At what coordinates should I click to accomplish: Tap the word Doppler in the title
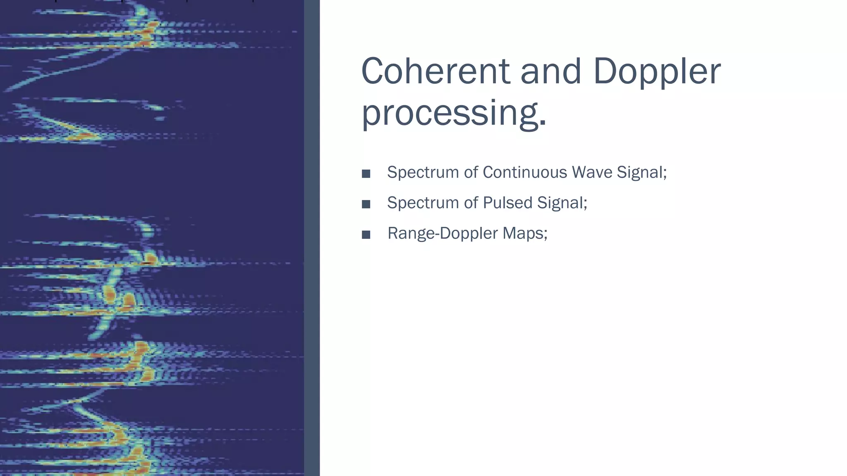point(657,71)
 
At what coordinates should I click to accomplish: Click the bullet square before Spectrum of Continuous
point(366,174)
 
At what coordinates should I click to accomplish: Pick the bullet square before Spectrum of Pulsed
point(366,204)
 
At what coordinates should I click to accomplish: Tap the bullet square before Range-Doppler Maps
point(366,235)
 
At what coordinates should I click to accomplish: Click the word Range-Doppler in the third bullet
point(443,233)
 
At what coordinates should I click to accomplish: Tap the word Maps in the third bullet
point(523,233)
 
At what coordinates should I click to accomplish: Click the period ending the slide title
point(543,123)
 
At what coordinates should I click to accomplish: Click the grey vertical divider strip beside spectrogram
point(312,238)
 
